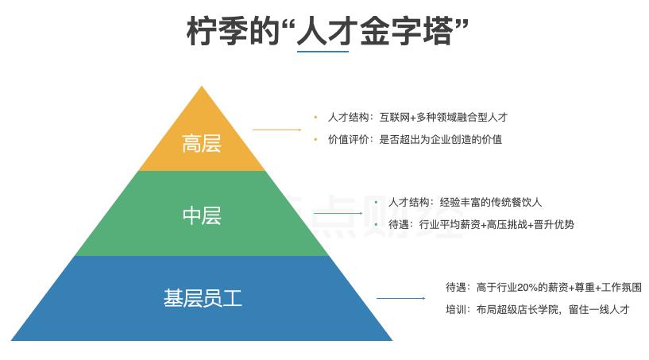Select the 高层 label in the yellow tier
(x=202, y=145)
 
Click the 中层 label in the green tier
(x=202, y=215)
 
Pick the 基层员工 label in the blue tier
(x=203, y=299)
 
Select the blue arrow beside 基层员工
(x=400, y=299)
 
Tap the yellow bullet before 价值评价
(x=315, y=139)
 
